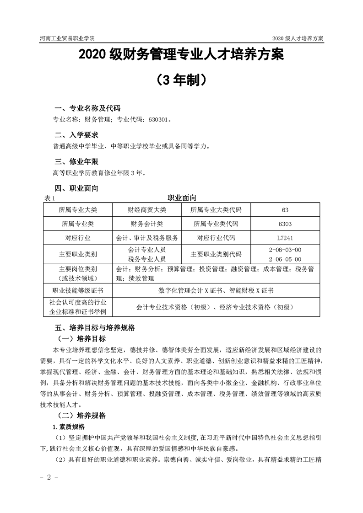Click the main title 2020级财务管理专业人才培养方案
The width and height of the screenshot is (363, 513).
point(181,56)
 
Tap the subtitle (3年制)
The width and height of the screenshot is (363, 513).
point(181,80)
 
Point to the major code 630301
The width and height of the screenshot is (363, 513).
point(158,121)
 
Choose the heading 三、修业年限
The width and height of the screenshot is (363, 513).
point(76,161)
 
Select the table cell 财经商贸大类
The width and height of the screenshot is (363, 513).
point(147,210)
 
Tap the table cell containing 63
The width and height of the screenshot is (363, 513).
point(285,210)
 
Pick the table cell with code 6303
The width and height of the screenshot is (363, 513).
point(285,224)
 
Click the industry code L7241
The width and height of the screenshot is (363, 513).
point(285,238)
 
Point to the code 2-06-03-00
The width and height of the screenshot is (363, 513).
point(285,250)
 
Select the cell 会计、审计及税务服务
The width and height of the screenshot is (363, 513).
point(147,238)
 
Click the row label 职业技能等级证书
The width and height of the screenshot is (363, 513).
point(78,290)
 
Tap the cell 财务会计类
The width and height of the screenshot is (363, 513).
point(147,224)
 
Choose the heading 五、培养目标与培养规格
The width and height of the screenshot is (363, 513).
point(94,328)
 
